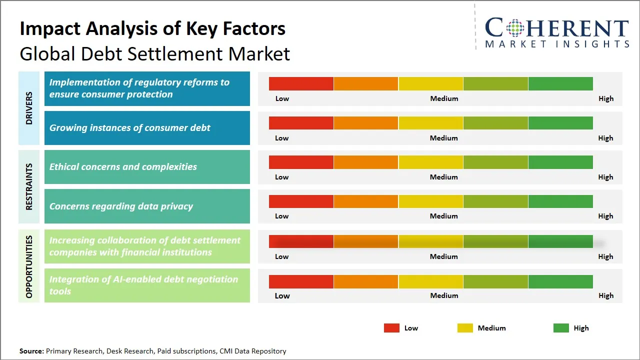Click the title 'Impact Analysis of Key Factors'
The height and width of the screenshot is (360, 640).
[152, 28]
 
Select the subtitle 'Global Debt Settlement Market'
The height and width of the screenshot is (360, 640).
[154, 53]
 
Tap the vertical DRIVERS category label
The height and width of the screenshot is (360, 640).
[29, 108]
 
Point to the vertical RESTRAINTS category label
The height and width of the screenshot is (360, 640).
[29, 186]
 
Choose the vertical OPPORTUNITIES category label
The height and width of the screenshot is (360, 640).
[29, 266]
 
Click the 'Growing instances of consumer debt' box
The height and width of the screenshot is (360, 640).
[147, 128]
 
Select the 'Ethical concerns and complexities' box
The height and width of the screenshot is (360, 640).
[147, 167]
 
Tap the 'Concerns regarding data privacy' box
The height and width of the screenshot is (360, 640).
[147, 206]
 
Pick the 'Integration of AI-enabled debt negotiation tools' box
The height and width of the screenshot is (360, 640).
[147, 285]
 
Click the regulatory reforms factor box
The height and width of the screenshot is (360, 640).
[147, 88]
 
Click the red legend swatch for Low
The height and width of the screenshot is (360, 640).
[391, 328]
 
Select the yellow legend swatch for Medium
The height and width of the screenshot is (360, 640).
[465, 328]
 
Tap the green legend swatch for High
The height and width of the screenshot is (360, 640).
[561, 328]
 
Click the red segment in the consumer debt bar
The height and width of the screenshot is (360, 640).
[301, 123]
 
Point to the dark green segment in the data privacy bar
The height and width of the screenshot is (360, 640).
[560, 201]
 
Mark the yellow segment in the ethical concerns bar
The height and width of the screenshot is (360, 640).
[430, 162]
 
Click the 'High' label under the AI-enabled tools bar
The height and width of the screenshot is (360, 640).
[605, 295]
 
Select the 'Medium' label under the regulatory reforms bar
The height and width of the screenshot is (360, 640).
[444, 98]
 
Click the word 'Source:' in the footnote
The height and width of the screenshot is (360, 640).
[31, 351]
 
